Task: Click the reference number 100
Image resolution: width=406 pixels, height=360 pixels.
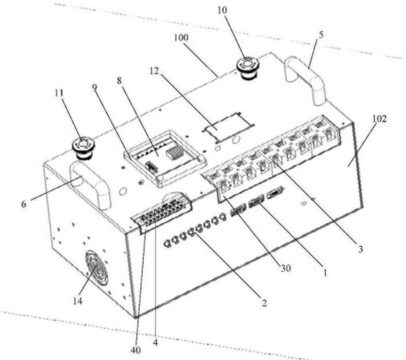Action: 181,38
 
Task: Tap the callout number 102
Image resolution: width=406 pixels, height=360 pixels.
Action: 380,119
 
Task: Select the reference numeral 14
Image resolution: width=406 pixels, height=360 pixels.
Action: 77,301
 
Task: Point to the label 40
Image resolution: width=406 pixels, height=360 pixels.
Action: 136,350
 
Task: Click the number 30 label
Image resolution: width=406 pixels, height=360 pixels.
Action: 286,268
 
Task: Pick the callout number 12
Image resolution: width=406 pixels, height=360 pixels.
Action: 154,71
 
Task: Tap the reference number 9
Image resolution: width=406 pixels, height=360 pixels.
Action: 95,87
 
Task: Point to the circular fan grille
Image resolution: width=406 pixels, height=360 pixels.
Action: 96,268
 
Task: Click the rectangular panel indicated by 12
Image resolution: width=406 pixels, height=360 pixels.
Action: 228,126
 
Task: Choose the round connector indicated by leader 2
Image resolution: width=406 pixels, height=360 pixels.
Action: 191,232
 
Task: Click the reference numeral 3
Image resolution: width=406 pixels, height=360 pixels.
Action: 360,249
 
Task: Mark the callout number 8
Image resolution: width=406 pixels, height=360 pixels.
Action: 119,81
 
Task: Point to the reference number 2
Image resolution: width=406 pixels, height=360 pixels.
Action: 264,303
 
